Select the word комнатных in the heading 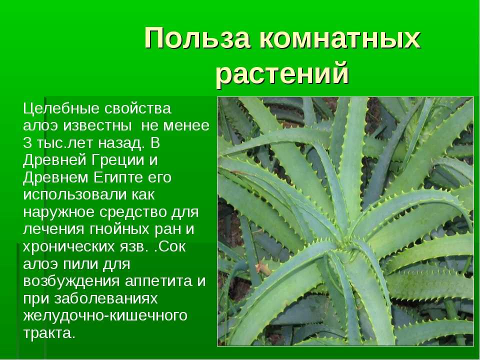point(340,39)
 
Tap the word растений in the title point(282,73)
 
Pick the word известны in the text point(97,126)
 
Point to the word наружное point(59,212)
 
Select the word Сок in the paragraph point(172,246)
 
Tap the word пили point(78,264)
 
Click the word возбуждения point(71,281)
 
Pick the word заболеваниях point(106,299)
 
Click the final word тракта point(49,333)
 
